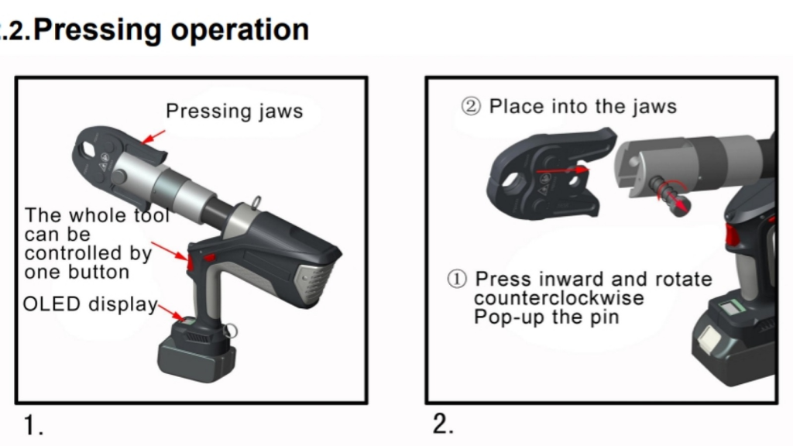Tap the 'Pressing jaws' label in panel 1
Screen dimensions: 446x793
234,111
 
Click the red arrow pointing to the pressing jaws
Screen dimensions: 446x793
154,137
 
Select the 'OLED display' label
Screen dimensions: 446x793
90,304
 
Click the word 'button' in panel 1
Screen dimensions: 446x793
98,273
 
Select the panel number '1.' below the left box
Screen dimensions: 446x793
33,425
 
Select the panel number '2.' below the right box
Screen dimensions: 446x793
443,424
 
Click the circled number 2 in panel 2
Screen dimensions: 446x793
471,107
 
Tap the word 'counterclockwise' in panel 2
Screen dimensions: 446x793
558,298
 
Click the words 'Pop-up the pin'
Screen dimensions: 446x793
546,317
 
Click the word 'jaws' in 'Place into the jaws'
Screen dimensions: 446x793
650,107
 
